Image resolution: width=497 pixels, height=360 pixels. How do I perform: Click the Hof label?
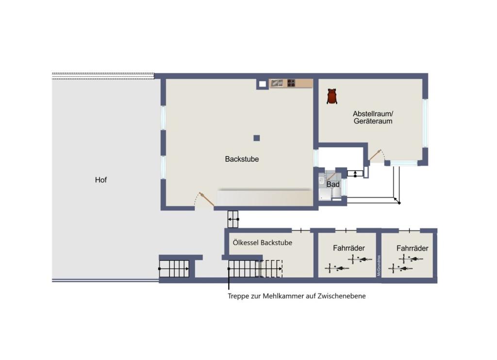100,180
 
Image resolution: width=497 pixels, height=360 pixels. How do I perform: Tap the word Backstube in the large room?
242,159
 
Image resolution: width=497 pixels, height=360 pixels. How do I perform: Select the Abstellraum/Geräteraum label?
372,117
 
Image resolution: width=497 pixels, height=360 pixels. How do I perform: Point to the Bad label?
332,184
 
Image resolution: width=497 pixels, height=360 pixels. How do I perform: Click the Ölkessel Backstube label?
262,243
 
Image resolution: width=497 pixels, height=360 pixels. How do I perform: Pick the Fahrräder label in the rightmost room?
412,248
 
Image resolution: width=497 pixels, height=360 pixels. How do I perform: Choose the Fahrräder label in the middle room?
348,248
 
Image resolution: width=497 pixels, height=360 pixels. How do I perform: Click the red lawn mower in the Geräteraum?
332,96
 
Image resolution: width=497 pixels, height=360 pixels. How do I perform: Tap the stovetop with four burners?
291,83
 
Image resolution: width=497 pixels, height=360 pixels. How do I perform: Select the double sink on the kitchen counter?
277,83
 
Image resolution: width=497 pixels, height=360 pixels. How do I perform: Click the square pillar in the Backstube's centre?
256,138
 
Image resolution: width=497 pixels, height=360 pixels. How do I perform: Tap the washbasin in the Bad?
321,181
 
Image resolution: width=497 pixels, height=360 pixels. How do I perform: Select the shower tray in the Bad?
323,195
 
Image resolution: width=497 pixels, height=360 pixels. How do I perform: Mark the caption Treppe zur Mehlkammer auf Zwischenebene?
297,295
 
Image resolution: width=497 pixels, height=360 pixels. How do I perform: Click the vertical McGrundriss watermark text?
379,265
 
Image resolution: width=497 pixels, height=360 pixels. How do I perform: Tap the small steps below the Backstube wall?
233,219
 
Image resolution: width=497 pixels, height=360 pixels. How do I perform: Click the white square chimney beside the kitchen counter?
262,83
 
